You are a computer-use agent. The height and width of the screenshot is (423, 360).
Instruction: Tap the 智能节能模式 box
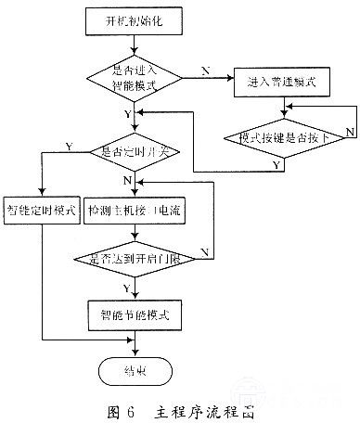137,314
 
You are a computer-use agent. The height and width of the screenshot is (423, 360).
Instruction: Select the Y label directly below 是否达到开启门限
127,288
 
